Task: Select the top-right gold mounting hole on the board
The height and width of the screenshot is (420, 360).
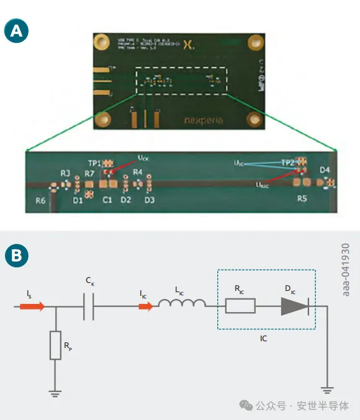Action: [x=253, y=43]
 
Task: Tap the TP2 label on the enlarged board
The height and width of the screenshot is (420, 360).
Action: [x=288, y=162]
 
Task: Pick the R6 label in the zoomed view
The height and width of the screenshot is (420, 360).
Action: [x=40, y=201]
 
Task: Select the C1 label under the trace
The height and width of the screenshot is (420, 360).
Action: [x=107, y=200]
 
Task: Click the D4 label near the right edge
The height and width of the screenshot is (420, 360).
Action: [x=325, y=169]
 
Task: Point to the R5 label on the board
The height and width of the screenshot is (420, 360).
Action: [x=302, y=199]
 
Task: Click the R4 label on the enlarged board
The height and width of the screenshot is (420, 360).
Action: [x=138, y=172]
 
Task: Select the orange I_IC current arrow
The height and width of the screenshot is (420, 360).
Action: [x=143, y=306]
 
